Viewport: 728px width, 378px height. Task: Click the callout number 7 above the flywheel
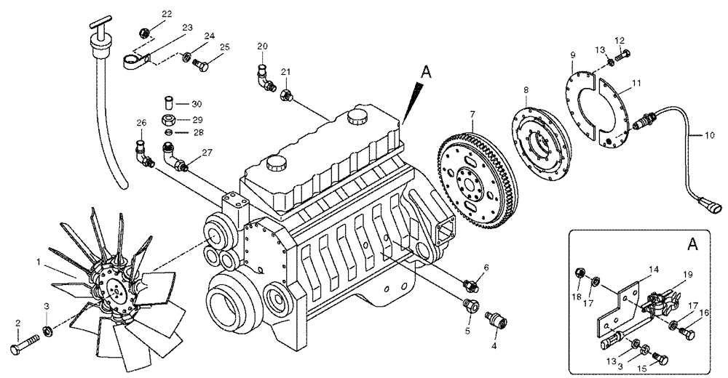(472, 115)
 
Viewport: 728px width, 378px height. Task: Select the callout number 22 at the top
(167, 14)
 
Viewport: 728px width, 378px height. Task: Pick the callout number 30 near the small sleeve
(197, 103)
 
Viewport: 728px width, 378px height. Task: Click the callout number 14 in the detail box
(654, 269)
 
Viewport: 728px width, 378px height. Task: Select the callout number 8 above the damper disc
(525, 91)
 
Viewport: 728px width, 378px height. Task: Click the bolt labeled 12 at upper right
(623, 54)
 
